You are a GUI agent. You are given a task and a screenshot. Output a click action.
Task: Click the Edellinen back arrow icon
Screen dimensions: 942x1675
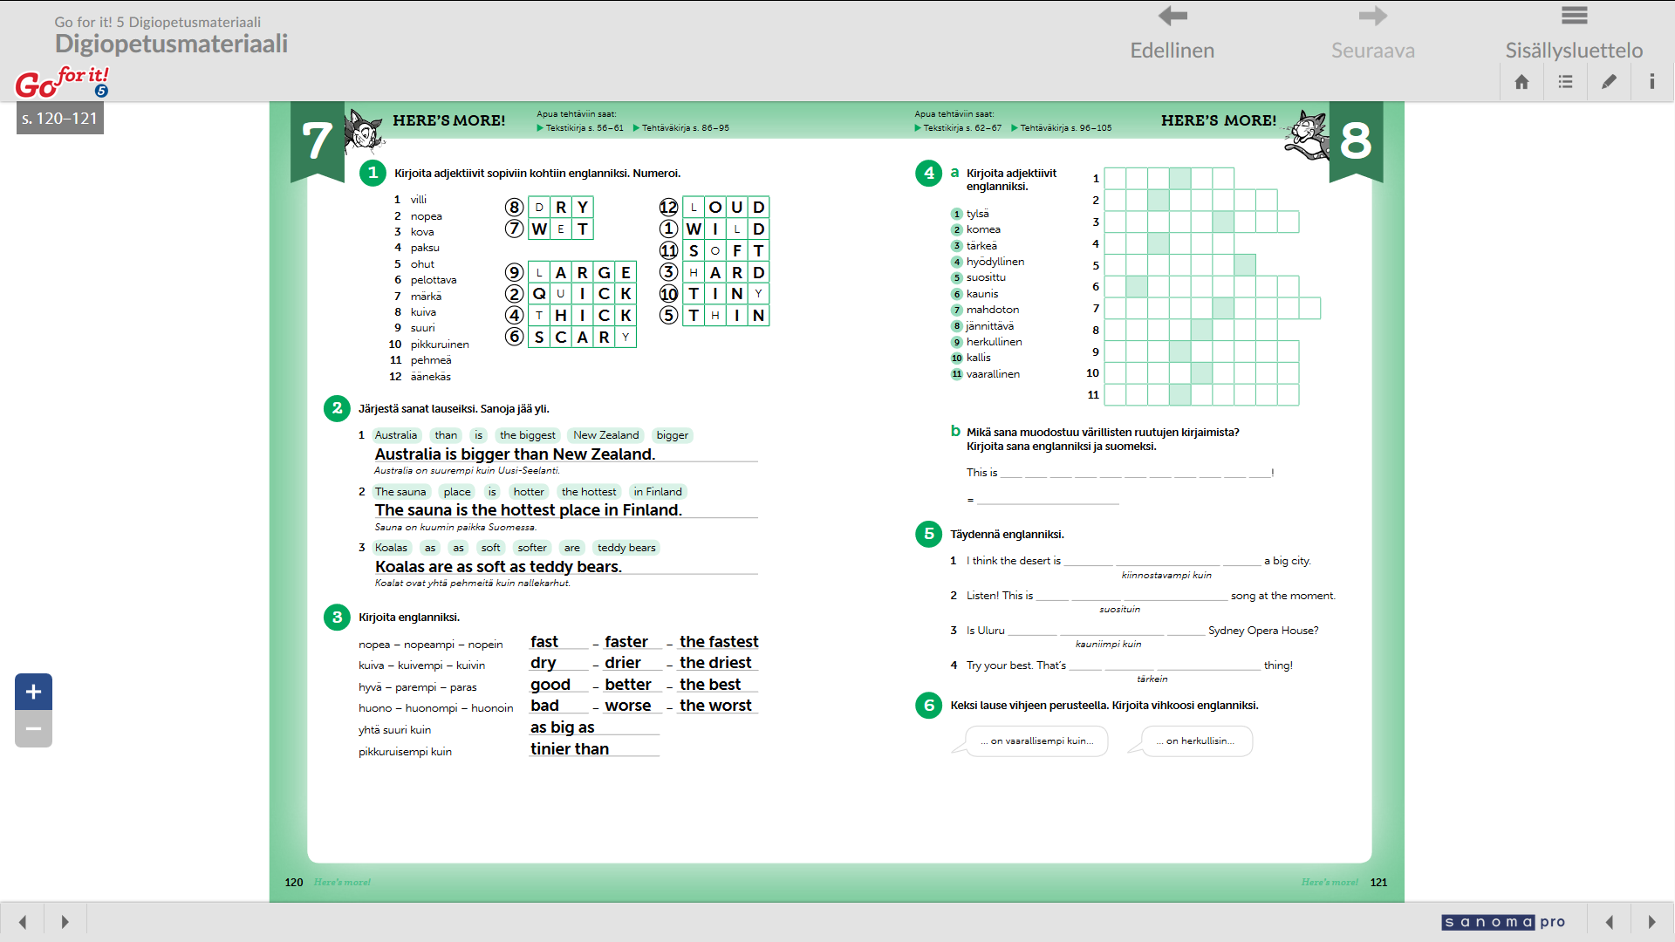click(x=1172, y=16)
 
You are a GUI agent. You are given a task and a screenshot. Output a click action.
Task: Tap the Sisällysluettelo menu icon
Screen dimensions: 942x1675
click(x=1574, y=16)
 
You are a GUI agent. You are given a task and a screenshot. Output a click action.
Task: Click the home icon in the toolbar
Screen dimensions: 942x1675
click(x=1521, y=82)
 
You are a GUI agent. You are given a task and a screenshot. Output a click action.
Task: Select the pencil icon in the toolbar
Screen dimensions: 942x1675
click(x=1609, y=82)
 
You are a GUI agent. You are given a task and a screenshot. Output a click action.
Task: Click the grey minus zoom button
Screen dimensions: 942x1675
click(x=33, y=729)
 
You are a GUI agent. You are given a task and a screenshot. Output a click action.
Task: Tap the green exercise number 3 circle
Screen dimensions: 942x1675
click(x=337, y=618)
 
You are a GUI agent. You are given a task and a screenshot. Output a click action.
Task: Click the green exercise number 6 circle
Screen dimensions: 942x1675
click(x=929, y=706)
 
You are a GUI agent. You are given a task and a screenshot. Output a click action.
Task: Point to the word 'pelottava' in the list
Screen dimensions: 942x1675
click(x=434, y=280)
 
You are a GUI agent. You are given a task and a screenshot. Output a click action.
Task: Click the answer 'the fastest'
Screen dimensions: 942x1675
click(x=719, y=642)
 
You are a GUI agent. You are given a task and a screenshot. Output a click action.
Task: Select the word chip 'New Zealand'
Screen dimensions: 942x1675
click(x=605, y=435)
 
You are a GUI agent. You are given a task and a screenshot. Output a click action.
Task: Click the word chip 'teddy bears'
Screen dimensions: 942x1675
click(x=626, y=548)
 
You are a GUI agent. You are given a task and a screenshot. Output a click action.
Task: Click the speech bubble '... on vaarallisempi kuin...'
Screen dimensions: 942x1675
click(x=1036, y=741)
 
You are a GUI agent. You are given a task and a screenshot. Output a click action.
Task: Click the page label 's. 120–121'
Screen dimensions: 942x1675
click(x=60, y=119)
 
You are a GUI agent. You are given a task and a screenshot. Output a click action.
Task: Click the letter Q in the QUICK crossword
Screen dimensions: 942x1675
click(x=539, y=294)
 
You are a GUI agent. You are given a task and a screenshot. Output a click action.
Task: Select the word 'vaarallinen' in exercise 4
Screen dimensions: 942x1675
click(x=993, y=374)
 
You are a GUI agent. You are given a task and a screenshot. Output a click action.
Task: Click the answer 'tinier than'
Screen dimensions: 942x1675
click(x=570, y=749)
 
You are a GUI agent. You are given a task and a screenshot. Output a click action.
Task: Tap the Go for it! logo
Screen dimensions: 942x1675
click(x=62, y=82)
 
